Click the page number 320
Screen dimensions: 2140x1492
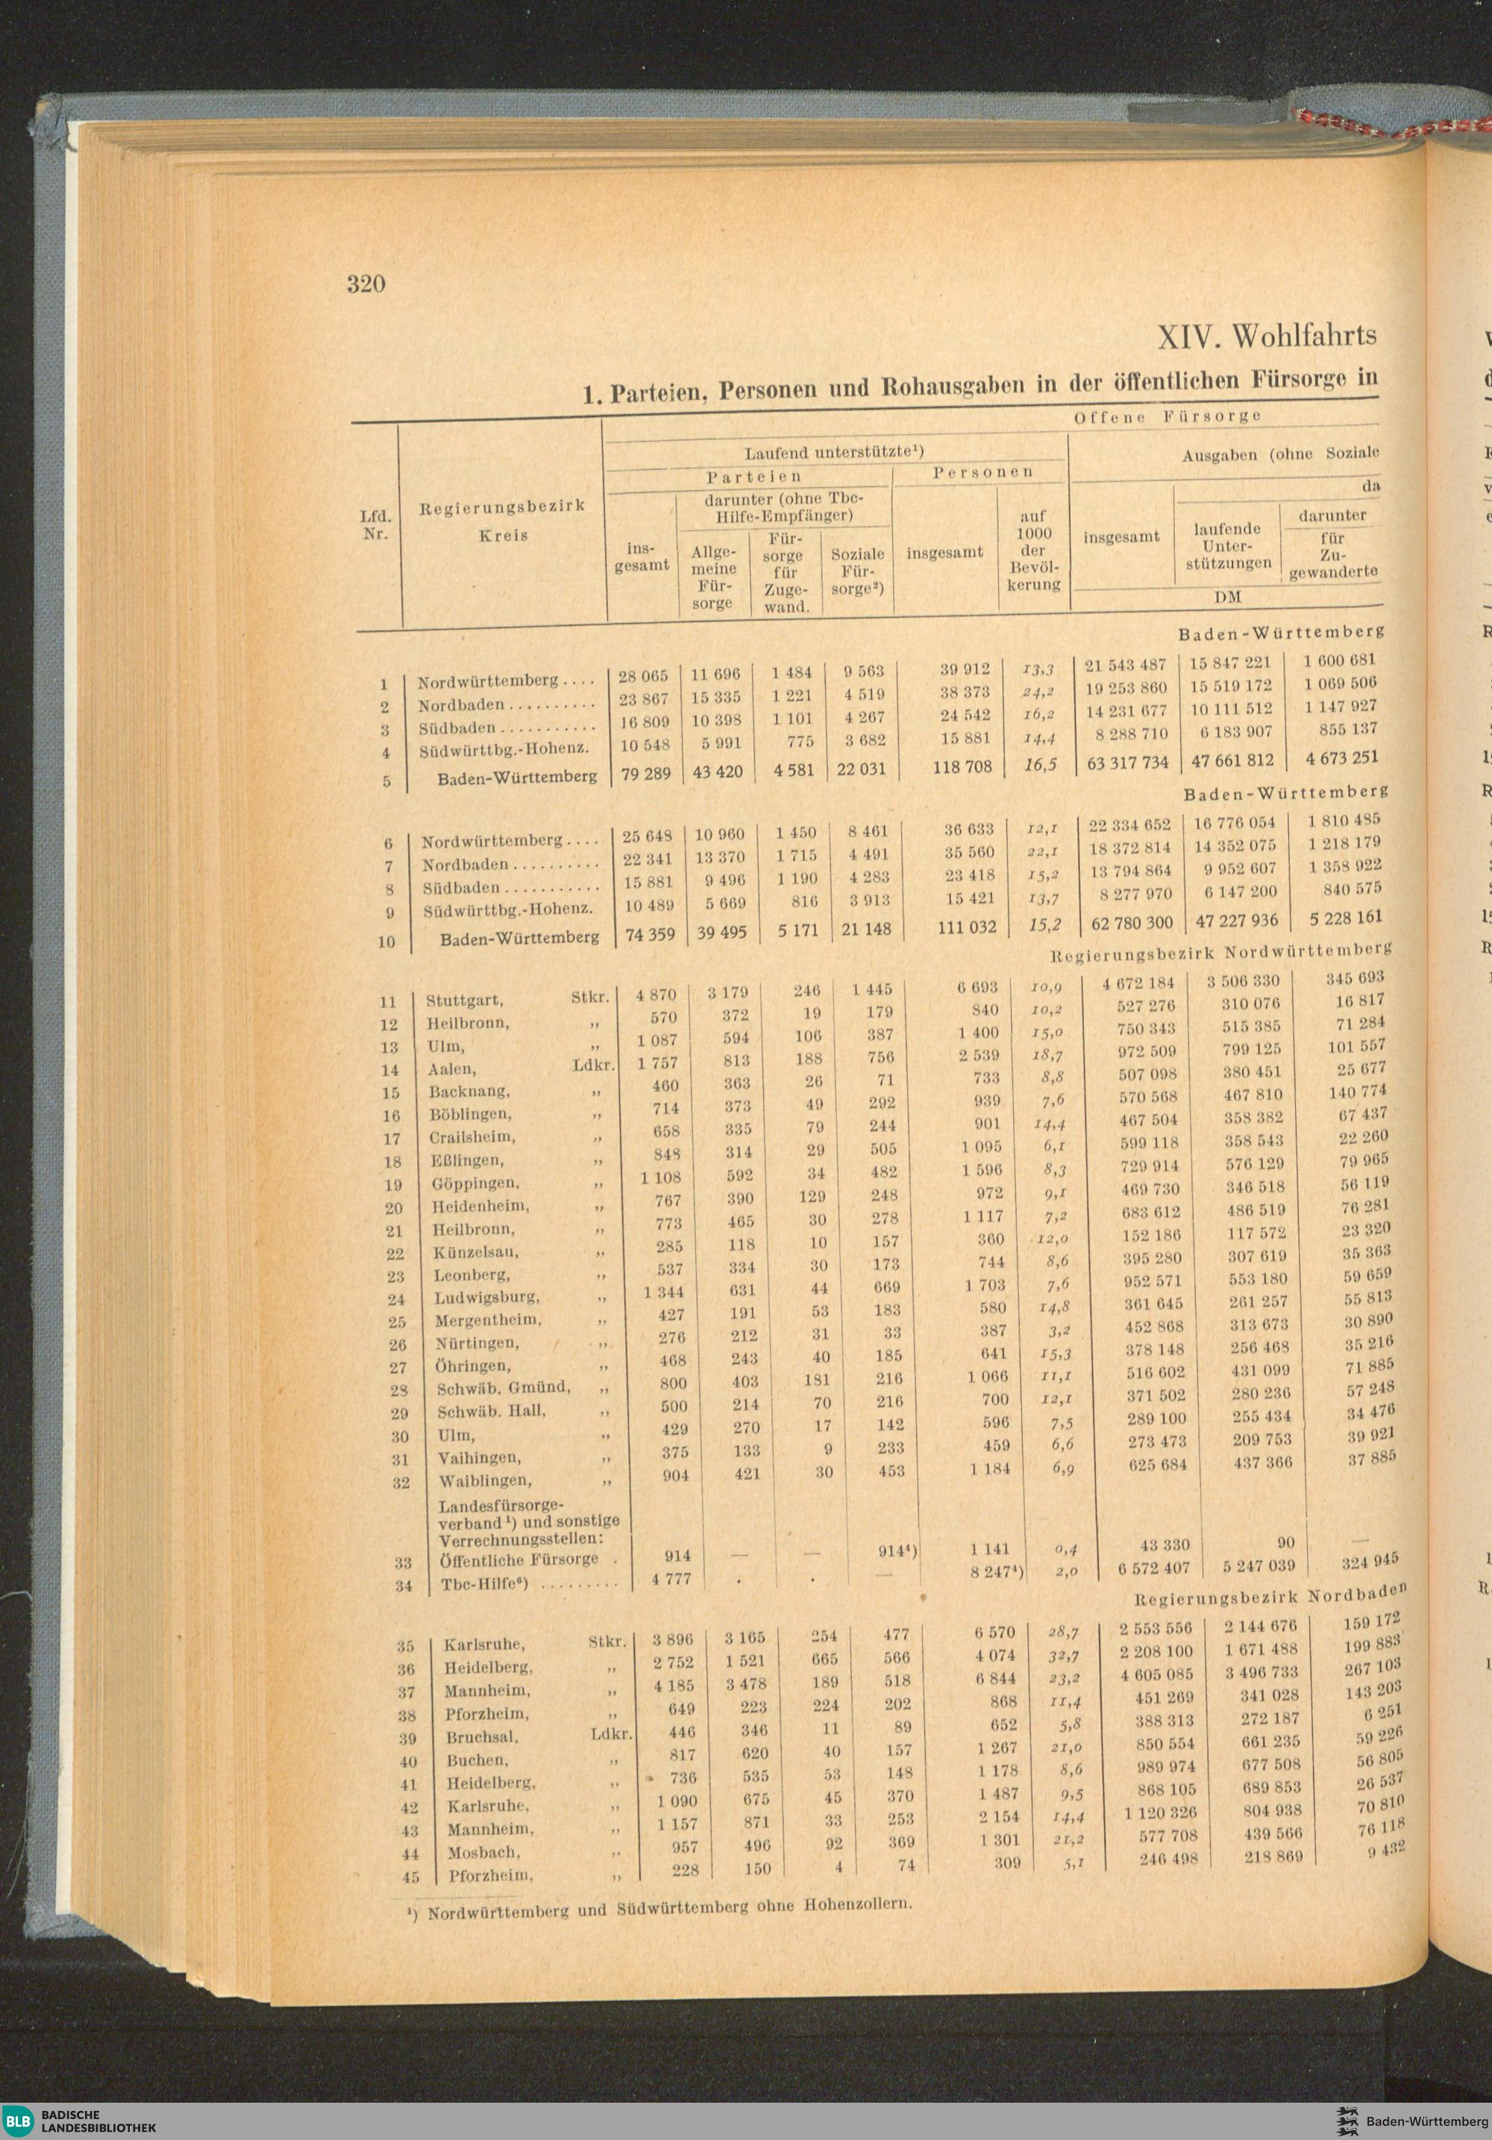click(x=366, y=284)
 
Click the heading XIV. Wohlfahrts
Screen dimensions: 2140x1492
click(x=1265, y=337)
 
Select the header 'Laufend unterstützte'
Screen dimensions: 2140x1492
click(x=833, y=452)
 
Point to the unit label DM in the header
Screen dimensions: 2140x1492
click(x=1228, y=596)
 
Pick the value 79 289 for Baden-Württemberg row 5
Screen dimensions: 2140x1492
click(x=645, y=774)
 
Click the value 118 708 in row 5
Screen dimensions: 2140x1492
click(x=962, y=767)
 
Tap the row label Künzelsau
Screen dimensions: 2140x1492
click(x=475, y=1252)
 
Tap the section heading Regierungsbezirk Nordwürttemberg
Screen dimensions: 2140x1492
click(x=1220, y=953)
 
